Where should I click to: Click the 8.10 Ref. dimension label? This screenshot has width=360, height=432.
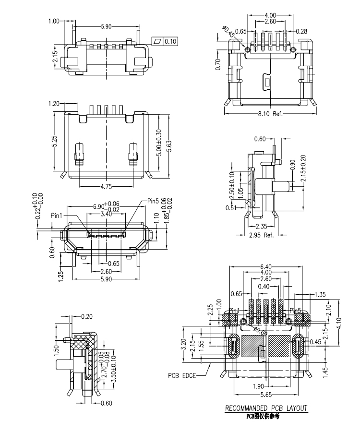(270, 114)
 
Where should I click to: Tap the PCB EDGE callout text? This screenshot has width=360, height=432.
(181, 375)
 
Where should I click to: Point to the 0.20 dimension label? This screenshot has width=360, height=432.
(87, 316)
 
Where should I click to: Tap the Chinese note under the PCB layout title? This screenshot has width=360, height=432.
(263, 416)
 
